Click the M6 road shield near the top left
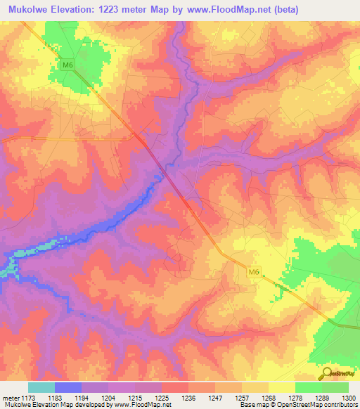pyautogui.click(x=67, y=66)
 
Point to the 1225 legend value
pyautogui.click(x=162, y=398)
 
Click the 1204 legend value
pyautogui.click(x=108, y=398)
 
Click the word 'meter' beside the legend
pyautogui.click(x=9, y=398)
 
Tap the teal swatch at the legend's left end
pyautogui.click(x=41, y=387)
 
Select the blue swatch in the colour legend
pyautogui.click(x=68, y=387)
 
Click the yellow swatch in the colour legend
pyautogui.click(x=281, y=387)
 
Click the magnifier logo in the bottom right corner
pyautogui.click(x=326, y=374)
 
